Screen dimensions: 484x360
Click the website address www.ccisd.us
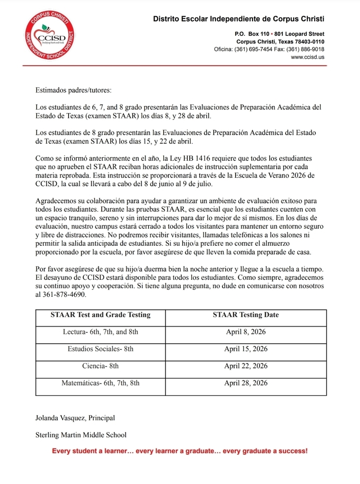coord(307,57)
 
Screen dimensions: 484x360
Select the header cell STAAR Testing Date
coord(246,315)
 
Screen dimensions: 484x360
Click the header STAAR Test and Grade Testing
coord(100,315)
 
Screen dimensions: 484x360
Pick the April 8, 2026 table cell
coord(246,332)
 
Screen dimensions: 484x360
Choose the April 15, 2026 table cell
coord(246,349)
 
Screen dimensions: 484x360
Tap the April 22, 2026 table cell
coord(246,366)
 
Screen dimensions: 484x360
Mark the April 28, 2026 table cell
coord(246,383)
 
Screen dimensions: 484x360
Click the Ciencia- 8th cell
coord(100,366)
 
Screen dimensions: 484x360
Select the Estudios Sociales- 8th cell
coord(100,349)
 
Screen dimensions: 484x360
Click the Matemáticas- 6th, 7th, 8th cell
coord(100,383)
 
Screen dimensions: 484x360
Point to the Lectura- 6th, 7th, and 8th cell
coord(100,332)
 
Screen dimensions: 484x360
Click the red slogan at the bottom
coord(180,451)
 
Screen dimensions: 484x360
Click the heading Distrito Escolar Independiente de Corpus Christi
coord(238,19)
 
